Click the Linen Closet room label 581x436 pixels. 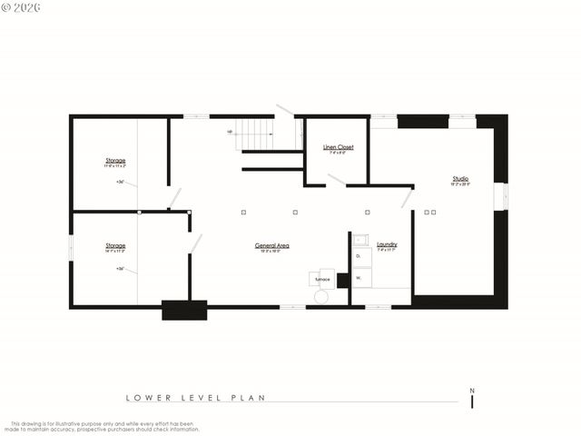tap(339, 147)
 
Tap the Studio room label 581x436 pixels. tap(461, 179)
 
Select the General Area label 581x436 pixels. tap(272, 245)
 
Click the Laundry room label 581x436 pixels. tap(387, 244)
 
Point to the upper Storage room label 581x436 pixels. tap(115, 161)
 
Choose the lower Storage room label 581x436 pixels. tap(115, 245)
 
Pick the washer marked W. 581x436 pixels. tap(359, 277)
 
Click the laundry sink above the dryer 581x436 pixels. tap(360, 241)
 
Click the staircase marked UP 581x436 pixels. tap(255, 134)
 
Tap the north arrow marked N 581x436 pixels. tap(472, 397)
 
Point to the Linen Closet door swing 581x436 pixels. tap(336, 180)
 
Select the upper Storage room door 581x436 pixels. tap(174, 198)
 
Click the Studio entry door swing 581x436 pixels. tap(408, 198)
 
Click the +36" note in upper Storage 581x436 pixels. tap(120, 182)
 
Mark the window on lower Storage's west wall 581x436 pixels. tap(71, 248)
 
